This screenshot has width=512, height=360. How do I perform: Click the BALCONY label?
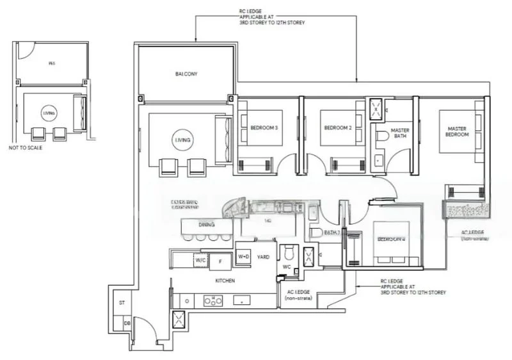(x=186, y=74)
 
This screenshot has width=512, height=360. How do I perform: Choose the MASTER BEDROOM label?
(x=458, y=132)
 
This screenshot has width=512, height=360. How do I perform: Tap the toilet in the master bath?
(x=383, y=136)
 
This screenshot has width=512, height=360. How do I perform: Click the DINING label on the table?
(x=206, y=225)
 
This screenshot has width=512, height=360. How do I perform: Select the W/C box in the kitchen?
(x=200, y=260)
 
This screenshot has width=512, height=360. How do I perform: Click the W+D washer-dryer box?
(x=244, y=256)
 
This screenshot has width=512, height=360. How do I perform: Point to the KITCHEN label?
(x=225, y=281)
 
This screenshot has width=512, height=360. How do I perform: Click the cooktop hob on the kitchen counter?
(x=212, y=300)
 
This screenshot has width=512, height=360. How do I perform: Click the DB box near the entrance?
(x=127, y=323)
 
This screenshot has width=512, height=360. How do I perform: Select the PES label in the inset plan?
(x=52, y=64)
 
